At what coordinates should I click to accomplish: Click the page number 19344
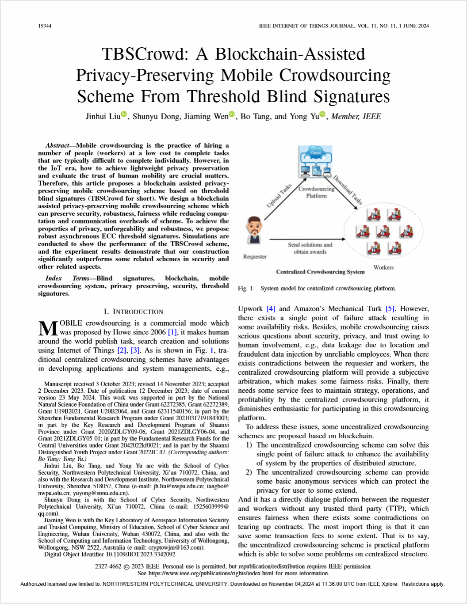coord(45,26)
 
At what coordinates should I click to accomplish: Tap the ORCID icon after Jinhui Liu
coord(124,115)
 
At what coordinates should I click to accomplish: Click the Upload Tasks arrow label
coord(279,196)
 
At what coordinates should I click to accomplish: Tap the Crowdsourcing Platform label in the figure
coord(316,192)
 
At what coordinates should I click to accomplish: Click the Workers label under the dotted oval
coord(383,267)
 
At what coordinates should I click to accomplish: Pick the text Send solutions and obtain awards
coord(310,248)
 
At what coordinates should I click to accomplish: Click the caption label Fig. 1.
coord(246,289)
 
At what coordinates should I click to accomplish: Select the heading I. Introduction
coord(134,311)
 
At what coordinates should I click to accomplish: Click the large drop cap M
coord(48,328)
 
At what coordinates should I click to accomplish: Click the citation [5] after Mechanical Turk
coord(390,309)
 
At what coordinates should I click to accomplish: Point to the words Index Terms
coord(67,278)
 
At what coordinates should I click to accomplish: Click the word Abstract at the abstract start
coord(57,145)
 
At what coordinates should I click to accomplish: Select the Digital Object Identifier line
coord(110,554)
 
